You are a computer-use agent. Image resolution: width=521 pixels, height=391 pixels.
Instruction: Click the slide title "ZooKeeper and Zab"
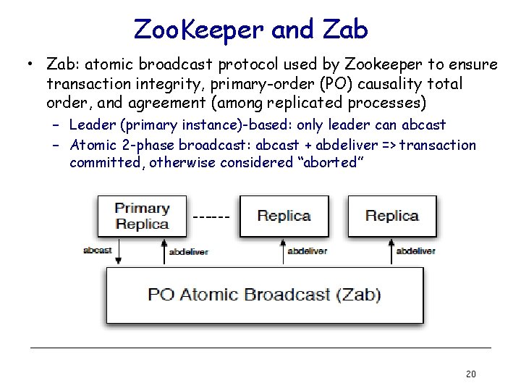click(250, 29)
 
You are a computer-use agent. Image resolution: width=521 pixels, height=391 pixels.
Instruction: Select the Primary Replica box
click(142, 216)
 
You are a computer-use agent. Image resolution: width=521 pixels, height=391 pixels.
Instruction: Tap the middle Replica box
click(284, 216)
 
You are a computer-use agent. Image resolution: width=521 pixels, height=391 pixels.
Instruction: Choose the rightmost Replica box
click(391, 216)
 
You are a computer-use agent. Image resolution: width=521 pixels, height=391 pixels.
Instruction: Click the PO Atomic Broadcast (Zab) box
click(264, 295)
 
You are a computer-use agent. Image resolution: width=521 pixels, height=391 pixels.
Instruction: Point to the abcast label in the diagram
click(98, 251)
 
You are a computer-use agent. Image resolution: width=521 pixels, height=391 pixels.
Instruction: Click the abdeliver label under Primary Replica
click(188, 251)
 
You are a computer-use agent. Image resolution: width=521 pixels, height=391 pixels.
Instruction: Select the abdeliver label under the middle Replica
click(308, 251)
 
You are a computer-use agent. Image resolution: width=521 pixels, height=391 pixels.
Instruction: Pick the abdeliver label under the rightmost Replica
click(415, 251)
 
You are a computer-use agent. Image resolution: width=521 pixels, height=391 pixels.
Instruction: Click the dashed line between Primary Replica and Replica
click(212, 216)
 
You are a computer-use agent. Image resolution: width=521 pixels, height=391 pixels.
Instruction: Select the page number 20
click(470, 374)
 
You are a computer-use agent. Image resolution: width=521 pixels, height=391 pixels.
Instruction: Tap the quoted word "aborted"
click(327, 162)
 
